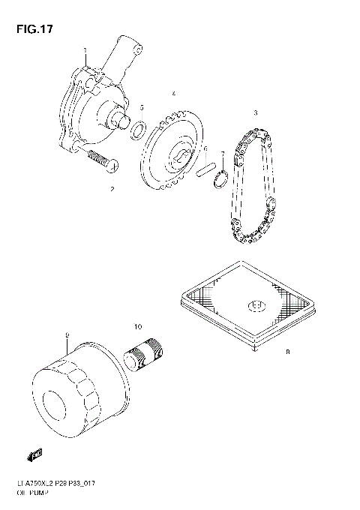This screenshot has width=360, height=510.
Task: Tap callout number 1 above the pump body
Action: click(85, 51)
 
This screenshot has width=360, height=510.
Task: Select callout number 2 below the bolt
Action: click(112, 189)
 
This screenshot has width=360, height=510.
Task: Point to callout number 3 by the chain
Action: click(255, 112)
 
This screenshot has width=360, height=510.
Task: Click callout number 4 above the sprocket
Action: click(173, 94)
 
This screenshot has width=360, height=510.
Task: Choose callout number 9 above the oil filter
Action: click(67, 334)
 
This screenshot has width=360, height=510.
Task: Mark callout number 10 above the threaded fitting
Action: click(138, 326)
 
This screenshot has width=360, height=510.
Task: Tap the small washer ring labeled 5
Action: click(137, 133)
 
